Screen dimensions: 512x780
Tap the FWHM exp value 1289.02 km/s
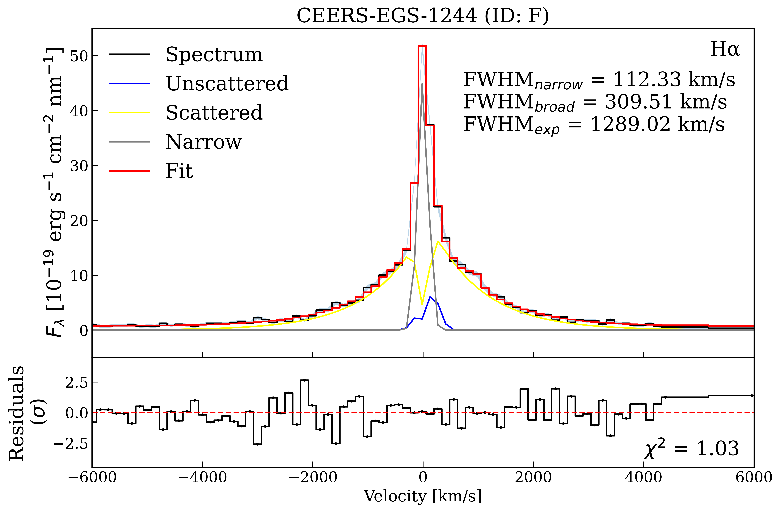[x=657, y=125]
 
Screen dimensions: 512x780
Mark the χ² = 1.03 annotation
[x=692, y=449]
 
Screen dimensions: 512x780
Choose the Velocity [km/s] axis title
[x=423, y=496]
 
